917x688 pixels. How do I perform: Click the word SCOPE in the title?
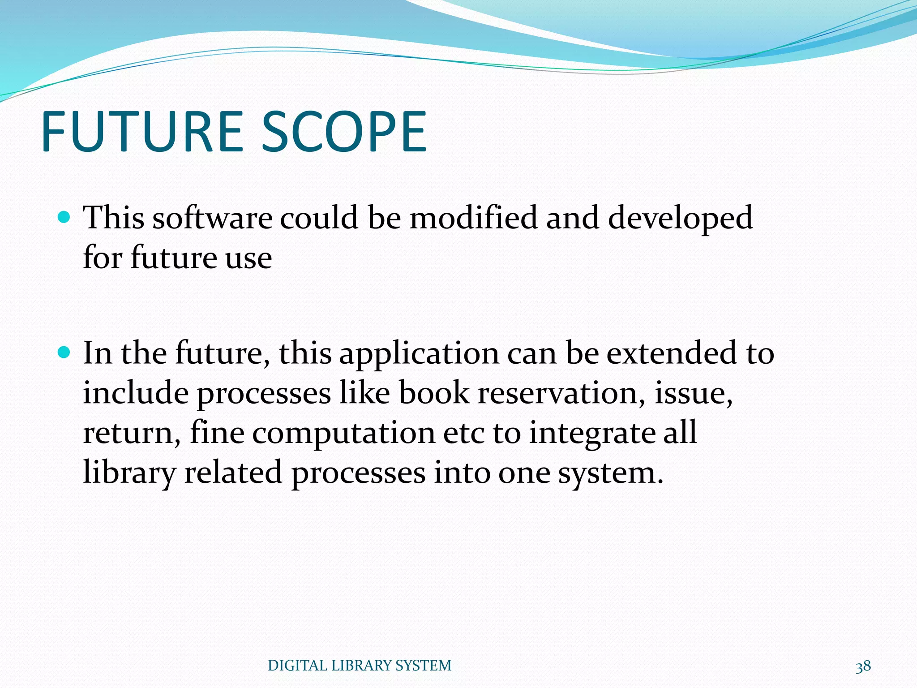point(344,132)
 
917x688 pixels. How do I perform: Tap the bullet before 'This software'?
point(64,218)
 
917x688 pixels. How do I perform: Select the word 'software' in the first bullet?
point(212,218)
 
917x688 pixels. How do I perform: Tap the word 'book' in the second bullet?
point(434,393)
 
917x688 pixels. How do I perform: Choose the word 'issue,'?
point(694,393)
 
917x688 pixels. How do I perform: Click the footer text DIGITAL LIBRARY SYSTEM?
point(360,666)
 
